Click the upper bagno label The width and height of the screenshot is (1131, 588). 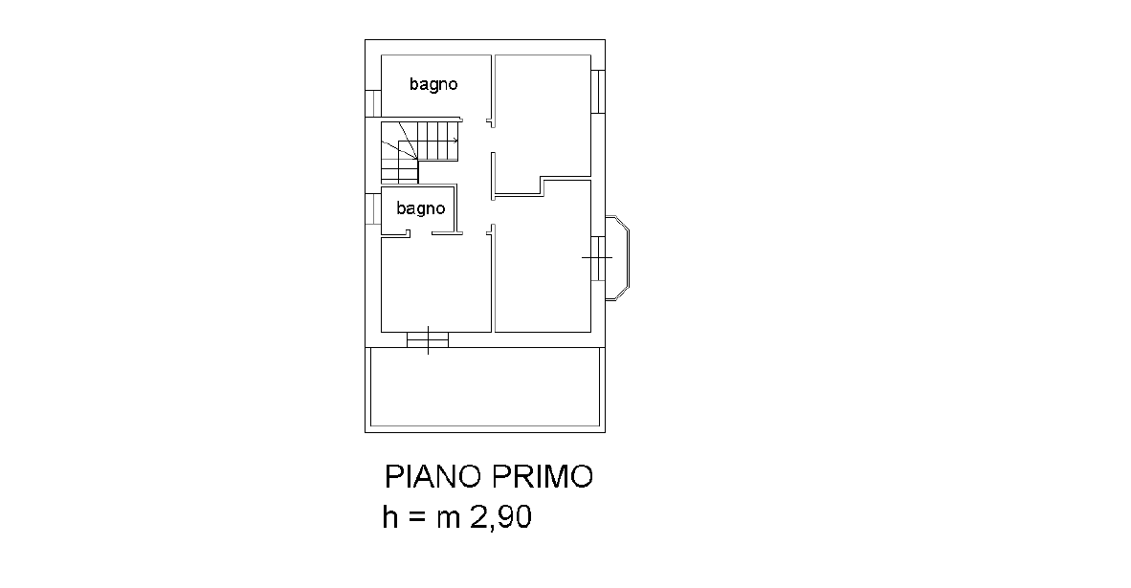[x=433, y=84]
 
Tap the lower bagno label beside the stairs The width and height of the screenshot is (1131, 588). [x=420, y=209]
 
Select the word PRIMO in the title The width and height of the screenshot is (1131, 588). [x=543, y=476]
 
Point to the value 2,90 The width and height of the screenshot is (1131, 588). [x=501, y=517]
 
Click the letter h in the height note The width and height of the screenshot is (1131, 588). [x=389, y=516]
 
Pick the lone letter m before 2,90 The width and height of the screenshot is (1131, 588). [x=449, y=520]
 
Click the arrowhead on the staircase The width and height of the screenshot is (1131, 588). [x=455, y=140]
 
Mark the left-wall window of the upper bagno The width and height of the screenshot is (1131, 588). [x=373, y=102]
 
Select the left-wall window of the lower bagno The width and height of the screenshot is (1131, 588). [x=373, y=209]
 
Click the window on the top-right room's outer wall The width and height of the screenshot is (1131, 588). [x=598, y=92]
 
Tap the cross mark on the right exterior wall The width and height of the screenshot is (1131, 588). [x=597, y=257]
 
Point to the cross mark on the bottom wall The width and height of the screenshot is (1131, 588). [x=428, y=339]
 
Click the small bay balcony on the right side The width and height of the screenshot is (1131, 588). [x=617, y=257]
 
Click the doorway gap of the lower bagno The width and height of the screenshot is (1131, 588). [x=421, y=232]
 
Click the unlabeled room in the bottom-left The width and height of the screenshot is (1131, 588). [x=435, y=284]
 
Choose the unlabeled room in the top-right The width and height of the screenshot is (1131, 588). [x=543, y=116]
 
